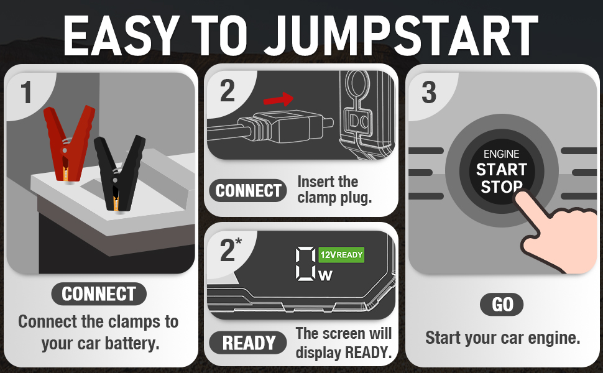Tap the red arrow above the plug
pos(278,99)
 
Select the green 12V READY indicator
pos(341,255)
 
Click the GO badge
pos(502,305)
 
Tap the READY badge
pos(249,343)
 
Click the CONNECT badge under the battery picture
pos(99,294)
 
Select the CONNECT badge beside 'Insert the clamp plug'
pos(248,191)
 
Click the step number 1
pos(26,93)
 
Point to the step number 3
pos(429,93)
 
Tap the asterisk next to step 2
pos(239,241)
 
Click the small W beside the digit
pos(325,275)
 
